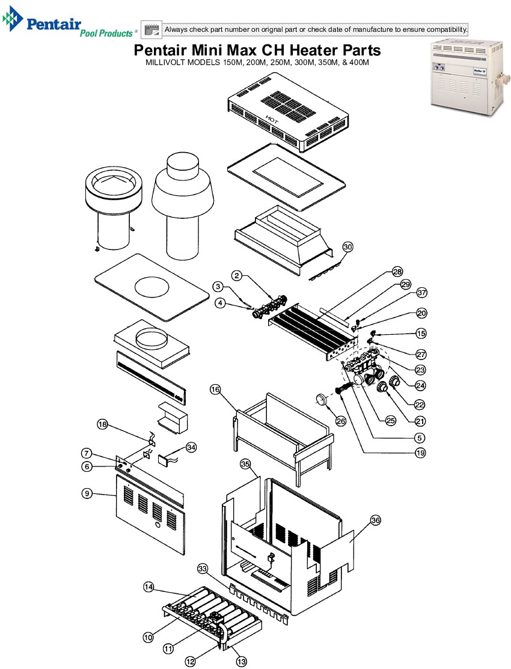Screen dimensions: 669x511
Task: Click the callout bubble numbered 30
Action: tap(348, 246)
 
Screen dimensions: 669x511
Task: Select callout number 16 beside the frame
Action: tap(215, 389)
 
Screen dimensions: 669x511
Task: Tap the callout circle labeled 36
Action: tap(375, 521)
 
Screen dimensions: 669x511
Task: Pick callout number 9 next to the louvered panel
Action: tap(87, 493)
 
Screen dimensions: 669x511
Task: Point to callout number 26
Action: tap(341, 421)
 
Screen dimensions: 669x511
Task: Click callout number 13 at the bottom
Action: tap(242, 661)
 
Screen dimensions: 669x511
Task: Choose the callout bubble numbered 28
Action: tap(397, 271)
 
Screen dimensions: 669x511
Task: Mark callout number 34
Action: tap(191, 447)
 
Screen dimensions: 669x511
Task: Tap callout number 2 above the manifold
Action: tap(237, 275)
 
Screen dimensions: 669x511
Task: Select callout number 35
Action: tap(245, 464)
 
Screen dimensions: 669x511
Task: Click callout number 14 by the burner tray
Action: tap(148, 587)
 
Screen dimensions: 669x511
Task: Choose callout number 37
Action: tap(421, 293)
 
